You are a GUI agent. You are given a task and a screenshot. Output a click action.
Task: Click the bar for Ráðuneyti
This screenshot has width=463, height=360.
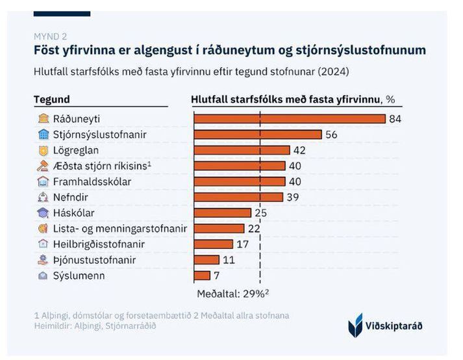[x=290, y=119]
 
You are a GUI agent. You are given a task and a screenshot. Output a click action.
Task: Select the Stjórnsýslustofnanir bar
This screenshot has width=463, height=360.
[x=258, y=135]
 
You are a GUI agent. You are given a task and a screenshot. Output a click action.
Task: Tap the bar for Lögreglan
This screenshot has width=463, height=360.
[x=242, y=150]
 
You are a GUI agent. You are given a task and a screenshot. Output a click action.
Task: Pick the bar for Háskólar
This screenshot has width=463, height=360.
[x=223, y=212]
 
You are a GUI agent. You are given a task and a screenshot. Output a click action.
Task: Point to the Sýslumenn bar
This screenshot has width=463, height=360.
[x=202, y=276]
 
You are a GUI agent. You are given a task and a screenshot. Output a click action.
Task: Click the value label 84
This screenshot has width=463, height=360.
[x=395, y=119]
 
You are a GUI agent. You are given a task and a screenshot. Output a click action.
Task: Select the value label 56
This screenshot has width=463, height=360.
[x=332, y=135]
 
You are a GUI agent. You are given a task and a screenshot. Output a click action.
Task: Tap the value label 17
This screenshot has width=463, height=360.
[x=242, y=244]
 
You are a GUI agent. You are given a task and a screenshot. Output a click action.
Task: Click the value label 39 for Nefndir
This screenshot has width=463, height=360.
[x=293, y=197]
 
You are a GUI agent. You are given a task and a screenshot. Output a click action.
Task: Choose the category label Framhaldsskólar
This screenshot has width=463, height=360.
[x=92, y=181]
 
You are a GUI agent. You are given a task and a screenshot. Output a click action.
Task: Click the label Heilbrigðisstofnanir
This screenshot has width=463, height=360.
[x=99, y=244]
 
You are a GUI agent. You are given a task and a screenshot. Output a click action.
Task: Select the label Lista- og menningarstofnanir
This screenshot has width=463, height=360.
[x=119, y=229]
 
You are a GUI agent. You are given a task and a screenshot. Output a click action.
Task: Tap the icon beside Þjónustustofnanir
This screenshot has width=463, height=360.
[x=44, y=260]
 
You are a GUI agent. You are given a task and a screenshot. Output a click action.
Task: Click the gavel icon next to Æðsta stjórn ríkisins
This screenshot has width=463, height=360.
[x=44, y=166]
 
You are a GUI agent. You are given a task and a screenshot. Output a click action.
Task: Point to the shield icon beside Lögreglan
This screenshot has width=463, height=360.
[x=44, y=150]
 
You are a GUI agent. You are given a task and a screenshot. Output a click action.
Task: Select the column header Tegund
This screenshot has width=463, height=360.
[x=52, y=99]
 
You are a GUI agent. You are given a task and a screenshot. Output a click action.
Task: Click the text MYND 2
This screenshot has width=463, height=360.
[x=50, y=36]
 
